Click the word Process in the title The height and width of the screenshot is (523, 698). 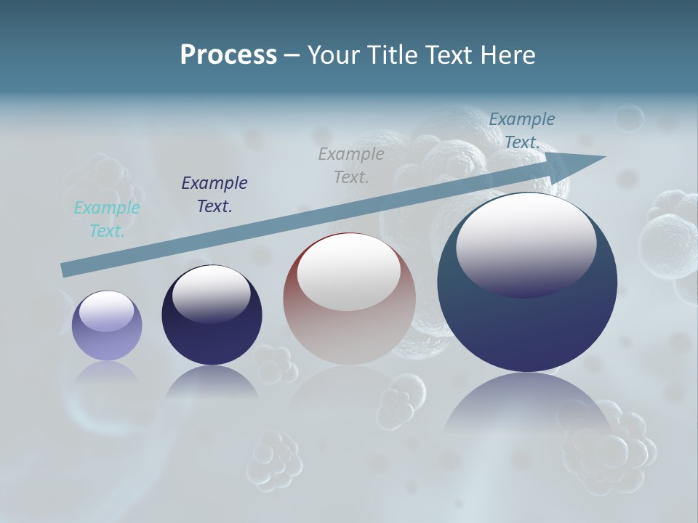point(228,55)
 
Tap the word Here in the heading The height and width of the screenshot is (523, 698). point(508,55)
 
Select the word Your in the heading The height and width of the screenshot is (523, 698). point(332,55)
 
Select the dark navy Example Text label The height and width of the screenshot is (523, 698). point(214,195)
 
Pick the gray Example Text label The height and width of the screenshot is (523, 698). point(351,166)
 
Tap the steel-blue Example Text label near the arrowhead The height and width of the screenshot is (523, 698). point(521,131)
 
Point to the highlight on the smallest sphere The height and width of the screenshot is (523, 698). point(106,310)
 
